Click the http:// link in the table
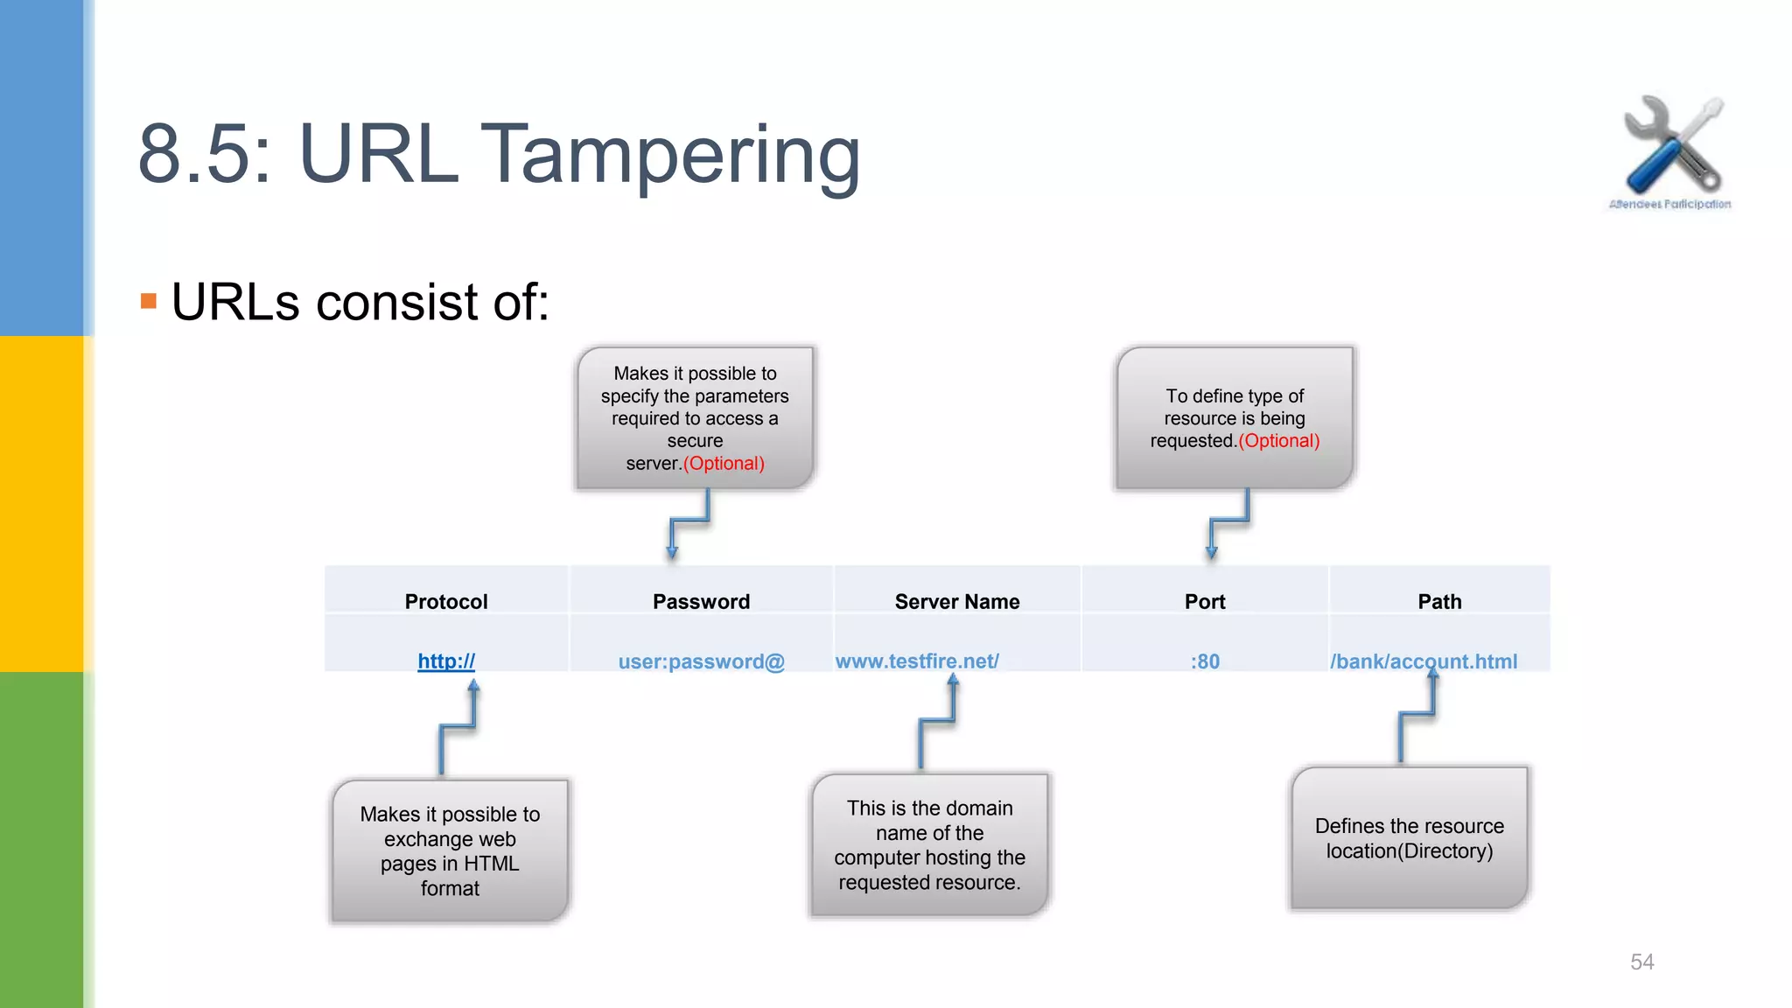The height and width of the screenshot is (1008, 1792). pyautogui.click(x=446, y=661)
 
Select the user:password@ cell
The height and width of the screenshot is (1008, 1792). pyautogui.click(x=701, y=661)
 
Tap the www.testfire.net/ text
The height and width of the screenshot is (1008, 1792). pyautogui.click(x=917, y=661)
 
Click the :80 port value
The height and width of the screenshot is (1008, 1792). pyautogui.click(x=1205, y=661)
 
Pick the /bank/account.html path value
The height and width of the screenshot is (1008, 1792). pyautogui.click(x=1424, y=661)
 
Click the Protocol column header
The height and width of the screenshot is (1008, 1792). pyautogui.click(x=446, y=602)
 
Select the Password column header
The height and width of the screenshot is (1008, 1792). pyautogui.click(x=701, y=602)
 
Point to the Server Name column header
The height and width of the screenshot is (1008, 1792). pyautogui.click(x=957, y=602)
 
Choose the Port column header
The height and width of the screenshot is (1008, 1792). pyautogui.click(x=1205, y=602)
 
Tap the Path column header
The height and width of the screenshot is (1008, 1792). pyautogui.click(x=1439, y=602)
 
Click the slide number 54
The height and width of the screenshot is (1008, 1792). pyautogui.click(x=1641, y=962)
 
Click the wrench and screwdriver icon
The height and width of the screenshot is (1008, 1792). pyautogui.click(x=1671, y=145)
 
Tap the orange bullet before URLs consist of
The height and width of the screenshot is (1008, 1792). pyautogui.click(x=149, y=302)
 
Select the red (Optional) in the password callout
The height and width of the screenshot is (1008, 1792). pyautogui.click(x=724, y=464)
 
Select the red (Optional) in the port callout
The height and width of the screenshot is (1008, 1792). pyautogui.click(x=1278, y=441)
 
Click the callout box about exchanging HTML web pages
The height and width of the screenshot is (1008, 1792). pyautogui.click(x=450, y=850)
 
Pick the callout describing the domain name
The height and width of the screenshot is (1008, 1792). pyautogui.click(x=929, y=845)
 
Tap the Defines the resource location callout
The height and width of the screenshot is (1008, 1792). pyautogui.click(x=1409, y=838)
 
